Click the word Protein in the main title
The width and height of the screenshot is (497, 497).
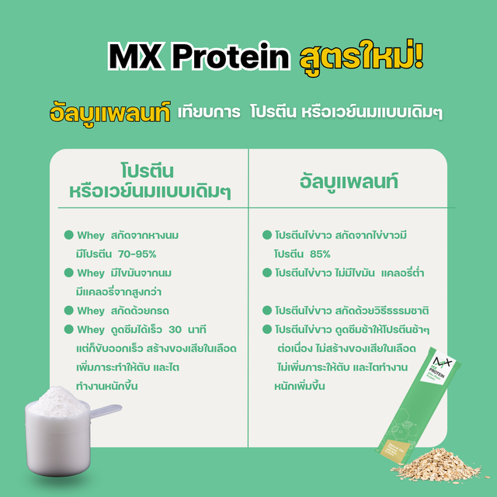point(231,57)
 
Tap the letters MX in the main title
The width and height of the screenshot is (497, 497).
point(134,57)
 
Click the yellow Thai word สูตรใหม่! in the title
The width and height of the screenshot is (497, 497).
point(362,57)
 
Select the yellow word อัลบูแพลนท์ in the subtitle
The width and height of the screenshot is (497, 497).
point(110,113)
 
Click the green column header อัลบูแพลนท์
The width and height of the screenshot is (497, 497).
point(349,182)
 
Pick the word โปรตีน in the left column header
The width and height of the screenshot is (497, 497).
point(148,172)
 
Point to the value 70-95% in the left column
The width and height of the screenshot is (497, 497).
point(137,254)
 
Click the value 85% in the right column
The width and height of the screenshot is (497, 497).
point(320,254)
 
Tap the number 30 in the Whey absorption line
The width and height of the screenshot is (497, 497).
point(175,329)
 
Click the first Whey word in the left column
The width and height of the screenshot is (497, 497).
point(91,235)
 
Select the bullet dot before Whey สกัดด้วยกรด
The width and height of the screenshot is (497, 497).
point(69,311)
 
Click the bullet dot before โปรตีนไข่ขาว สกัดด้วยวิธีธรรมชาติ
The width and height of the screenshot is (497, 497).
point(267,311)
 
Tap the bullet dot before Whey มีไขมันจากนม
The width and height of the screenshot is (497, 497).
point(69,273)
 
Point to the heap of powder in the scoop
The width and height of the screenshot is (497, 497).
point(57,401)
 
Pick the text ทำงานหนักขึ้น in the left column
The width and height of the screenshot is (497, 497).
point(107,386)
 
